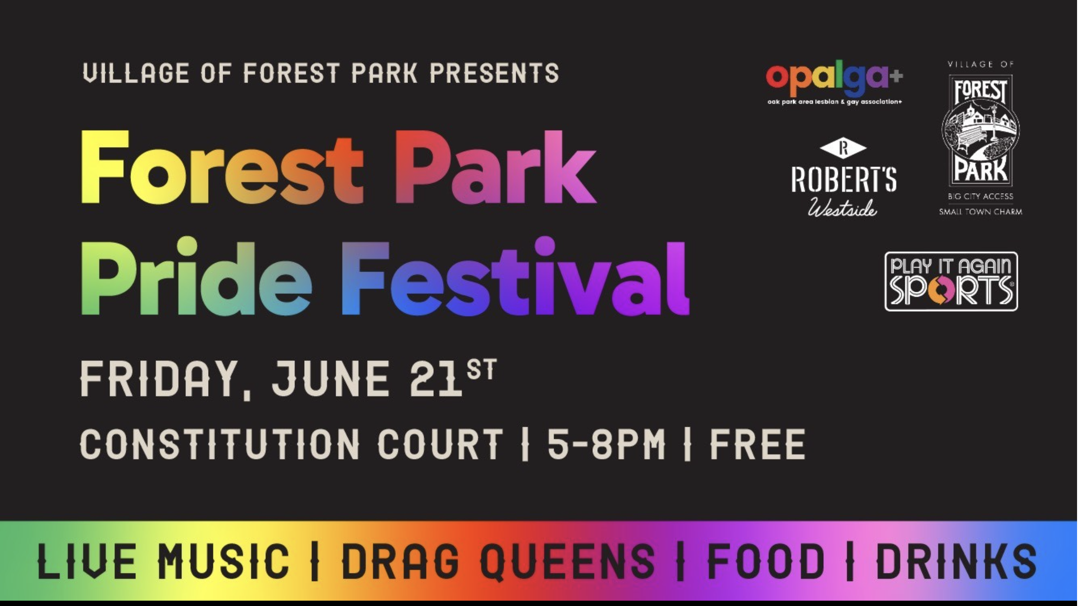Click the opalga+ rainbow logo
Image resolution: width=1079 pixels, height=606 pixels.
tap(834, 84)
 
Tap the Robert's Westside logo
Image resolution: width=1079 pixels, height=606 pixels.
tap(844, 177)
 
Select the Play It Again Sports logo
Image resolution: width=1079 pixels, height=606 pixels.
tap(951, 281)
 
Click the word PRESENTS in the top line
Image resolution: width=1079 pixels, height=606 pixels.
tap(494, 73)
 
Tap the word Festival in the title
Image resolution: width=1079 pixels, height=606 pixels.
tap(515, 277)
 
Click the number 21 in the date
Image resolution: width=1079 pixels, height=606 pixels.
tap(436, 379)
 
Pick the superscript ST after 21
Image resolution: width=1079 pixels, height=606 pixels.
tap(482, 370)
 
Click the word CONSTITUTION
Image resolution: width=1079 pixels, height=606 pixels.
tap(219, 444)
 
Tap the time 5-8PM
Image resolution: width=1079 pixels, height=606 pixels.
tap(606, 444)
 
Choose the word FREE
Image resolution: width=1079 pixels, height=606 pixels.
tap(757, 444)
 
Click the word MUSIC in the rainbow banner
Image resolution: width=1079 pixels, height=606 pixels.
tap(224, 561)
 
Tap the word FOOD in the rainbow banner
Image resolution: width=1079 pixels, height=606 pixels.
tap(766, 561)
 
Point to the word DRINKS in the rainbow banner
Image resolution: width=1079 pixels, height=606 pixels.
tap(956, 561)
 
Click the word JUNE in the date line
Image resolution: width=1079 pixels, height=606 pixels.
tap(330, 379)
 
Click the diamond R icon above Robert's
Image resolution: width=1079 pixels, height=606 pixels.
tap(843, 148)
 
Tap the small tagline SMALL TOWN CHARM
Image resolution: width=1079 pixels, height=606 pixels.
tap(981, 212)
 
